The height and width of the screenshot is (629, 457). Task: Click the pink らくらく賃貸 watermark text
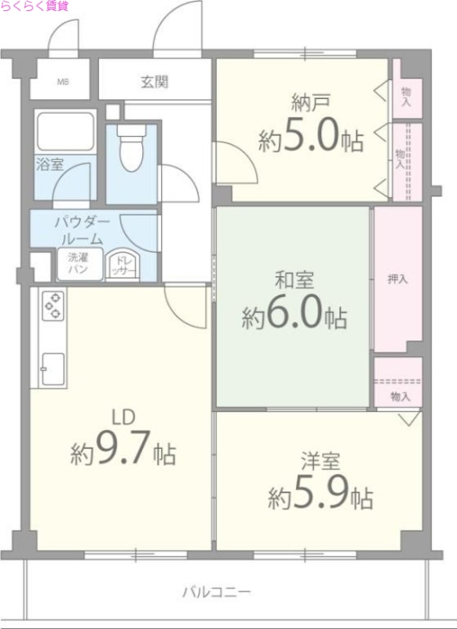click(x=35, y=6)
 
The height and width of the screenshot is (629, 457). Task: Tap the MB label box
click(x=60, y=82)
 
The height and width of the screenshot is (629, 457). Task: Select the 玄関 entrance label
click(x=155, y=81)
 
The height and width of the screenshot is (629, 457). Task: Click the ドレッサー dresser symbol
click(x=122, y=266)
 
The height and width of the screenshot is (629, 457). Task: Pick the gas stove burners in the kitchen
click(x=53, y=304)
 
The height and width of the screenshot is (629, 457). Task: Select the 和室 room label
click(x=293, y=279)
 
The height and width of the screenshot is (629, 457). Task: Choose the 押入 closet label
click(x=397, y=278)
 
